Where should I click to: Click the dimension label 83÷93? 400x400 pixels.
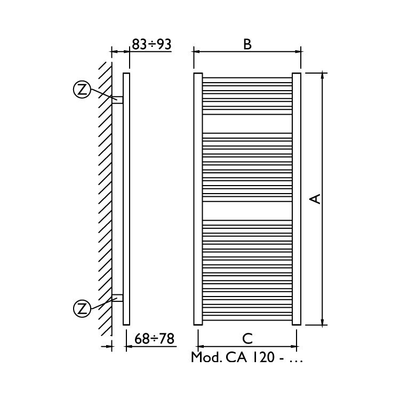click(151, 44)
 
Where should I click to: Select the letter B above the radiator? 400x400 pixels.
click(247, 44)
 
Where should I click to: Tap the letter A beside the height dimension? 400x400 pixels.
click(315, 198)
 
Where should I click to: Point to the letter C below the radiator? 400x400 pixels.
click(247, 339)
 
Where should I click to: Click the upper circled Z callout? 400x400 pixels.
click(82, 90)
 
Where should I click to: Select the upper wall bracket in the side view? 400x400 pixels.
click(117, 100)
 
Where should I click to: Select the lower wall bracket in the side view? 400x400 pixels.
click(117, 298)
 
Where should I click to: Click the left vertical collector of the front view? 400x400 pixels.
click(198, 198)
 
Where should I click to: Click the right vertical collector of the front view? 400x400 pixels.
click(297, 198)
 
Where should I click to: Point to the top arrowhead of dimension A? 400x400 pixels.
click(323, 76)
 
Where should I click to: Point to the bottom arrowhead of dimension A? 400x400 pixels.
click(323, 321)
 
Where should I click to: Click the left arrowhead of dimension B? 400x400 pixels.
click(196, 52)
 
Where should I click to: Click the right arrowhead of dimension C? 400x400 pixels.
click(295, 346)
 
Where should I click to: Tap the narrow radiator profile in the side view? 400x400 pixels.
click(126, 198)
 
